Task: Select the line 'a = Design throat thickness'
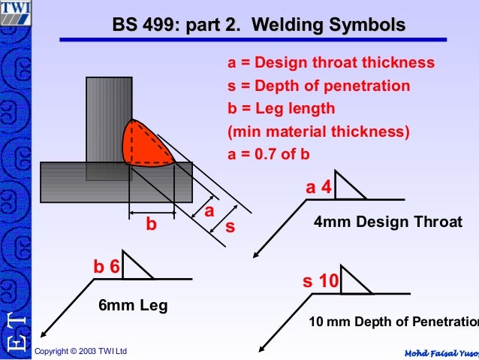click(x=331, y=63)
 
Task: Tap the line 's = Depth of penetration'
click(x=319, y=86)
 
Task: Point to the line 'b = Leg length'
click(x=282, y=108)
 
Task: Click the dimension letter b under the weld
click(x=152, y=224)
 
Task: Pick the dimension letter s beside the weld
click(x=230, y=224)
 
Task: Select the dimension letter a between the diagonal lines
click(x=209, y=211)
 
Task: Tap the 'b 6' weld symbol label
click(x=106, y=267)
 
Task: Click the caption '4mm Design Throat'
click(x=387, y=222)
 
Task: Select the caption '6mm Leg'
click(x=133, y=306)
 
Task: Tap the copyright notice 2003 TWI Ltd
click(x=81, y=351)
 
